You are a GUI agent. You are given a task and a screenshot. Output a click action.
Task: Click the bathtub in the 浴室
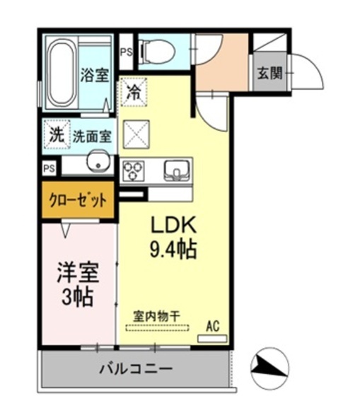pos(62,71)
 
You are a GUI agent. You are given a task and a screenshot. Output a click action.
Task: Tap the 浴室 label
pos(94,74)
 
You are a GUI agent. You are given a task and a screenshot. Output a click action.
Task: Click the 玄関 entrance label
pos(269,74)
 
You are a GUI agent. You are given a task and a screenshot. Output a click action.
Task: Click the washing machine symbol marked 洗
pos(54,134)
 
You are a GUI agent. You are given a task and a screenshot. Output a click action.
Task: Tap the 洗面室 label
pos(91,136)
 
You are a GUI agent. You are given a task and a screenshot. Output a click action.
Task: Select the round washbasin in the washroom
pos(97,165)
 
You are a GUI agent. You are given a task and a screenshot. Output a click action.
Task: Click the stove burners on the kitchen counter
pos(132,170)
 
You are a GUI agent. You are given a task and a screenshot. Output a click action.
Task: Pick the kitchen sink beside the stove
pos(175,170)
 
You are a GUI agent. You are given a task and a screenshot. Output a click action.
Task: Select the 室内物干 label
pos(157,317)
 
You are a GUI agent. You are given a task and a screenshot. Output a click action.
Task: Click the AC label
pos(212,327)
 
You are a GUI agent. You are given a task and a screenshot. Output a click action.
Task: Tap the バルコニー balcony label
pos(134,368)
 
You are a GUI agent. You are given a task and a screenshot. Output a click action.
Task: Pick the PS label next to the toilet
pos(127,51)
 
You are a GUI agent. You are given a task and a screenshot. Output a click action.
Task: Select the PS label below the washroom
pos(48,168)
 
